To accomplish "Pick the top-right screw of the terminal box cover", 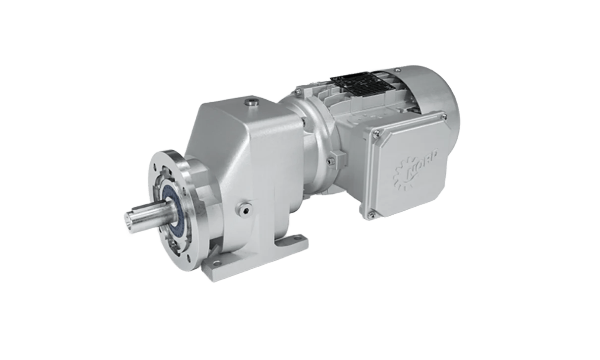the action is (x=444, y=116).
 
